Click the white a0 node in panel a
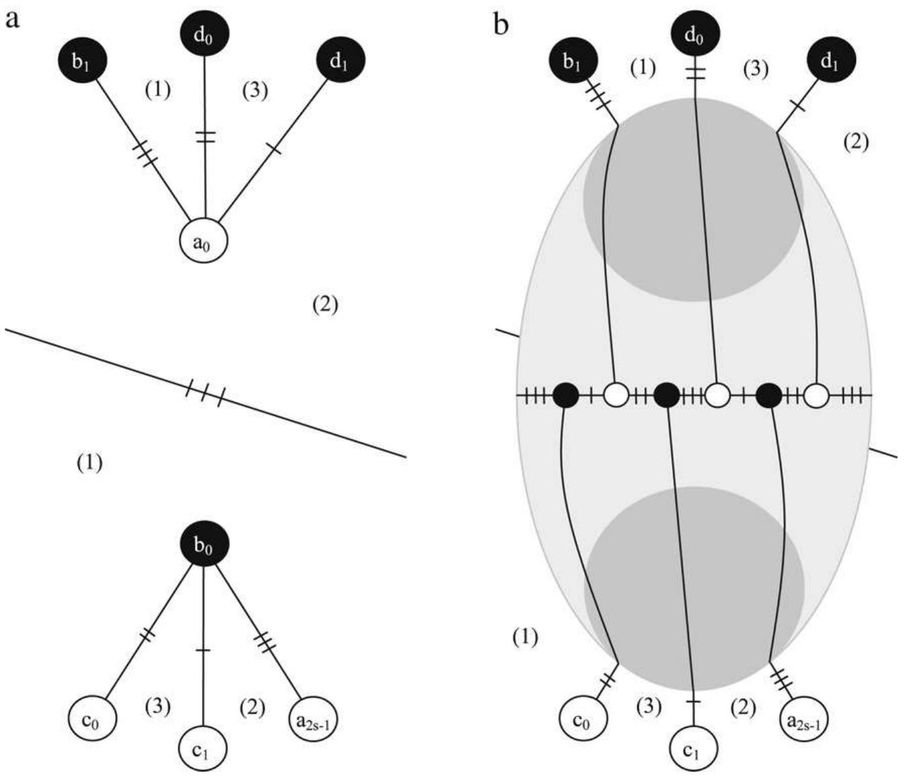(x=203, y=242)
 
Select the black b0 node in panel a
(x=203, y=546)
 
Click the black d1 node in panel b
(x=830, y=62)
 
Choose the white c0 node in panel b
(x=582, y=720)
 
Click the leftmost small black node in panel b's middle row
(x=565, y=395)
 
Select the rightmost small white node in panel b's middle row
(x=816, y=395)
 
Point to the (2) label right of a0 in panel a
(x=325, y=305)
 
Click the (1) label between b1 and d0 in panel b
(x=643, y=67)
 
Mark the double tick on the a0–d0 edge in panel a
(x=205, y=137)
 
